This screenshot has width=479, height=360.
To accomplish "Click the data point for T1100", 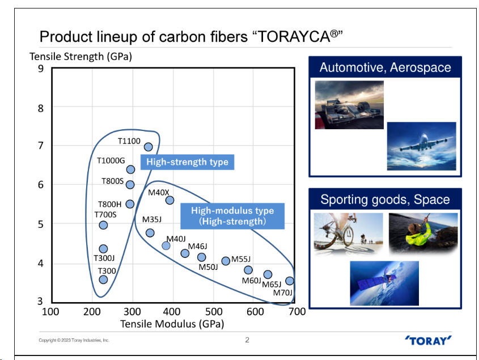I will click(x=149, y=147).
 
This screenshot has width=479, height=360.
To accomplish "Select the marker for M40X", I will click(x=169, y=200).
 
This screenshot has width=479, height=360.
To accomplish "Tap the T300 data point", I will click(x=103, y=279).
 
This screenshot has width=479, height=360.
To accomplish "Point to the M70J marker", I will click(x=290, y=281).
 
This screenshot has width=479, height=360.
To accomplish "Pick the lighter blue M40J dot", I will click(x=166, y=245).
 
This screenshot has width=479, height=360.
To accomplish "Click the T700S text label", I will click(x=105, y=214).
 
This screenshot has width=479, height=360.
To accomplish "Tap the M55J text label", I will click(x=241, y=259).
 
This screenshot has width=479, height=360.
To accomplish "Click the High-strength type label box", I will click(x=187, y=162).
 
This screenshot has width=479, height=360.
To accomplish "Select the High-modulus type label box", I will click(x=232, y=216).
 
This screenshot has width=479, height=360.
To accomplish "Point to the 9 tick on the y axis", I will click(x=40, y=69).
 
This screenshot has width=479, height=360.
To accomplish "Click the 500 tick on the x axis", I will click(x=214, y=311).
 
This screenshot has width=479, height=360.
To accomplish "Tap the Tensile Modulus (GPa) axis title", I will click(x=172, y=324).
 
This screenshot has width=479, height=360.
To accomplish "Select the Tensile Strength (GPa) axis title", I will click(x=80, y=56).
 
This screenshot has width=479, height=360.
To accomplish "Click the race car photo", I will click(x=349, y=105).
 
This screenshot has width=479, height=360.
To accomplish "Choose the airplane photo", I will click(x=421, y=145).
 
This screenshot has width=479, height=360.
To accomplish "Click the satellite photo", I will click(x=384, y=283).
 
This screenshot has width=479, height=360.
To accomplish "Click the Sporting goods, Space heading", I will click(x=385, y=200).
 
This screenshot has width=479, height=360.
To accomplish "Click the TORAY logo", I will click(x=429, y=340).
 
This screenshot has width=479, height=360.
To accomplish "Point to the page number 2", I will click(x=247, y=340).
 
